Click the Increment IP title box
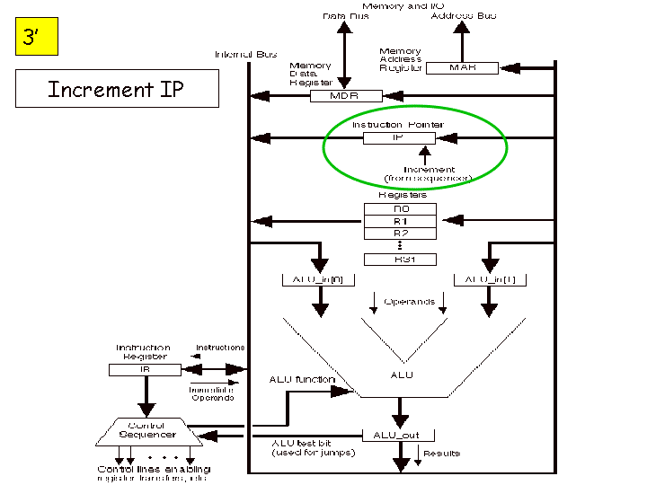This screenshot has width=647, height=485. (104, 90)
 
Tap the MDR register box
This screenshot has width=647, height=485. (346, 95)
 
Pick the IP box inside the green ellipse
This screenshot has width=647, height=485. (399, 138)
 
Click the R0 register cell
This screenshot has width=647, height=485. (400, 208)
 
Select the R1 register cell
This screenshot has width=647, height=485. (400, 221)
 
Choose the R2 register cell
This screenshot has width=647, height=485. (400, 234)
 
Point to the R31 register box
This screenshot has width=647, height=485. (400, 259)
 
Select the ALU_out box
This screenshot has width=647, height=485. (399, 435)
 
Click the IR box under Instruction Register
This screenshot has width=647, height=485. (145, 369)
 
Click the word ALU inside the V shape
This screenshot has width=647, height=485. (402, 375)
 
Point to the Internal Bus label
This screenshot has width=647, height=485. (245, 55)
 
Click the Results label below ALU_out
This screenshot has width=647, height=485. (441, 454)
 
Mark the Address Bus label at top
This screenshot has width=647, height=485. (462, 16)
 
